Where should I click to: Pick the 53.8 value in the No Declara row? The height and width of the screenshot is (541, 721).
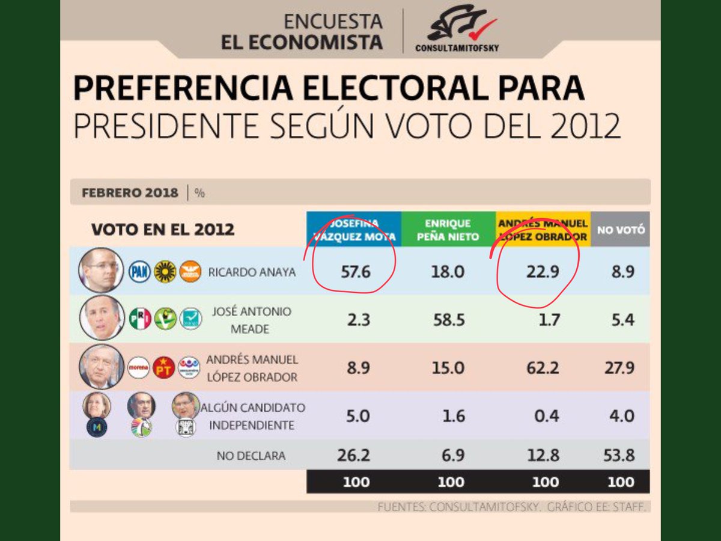pos(619,456)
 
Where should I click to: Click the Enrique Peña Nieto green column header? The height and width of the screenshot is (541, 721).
pos(448,230)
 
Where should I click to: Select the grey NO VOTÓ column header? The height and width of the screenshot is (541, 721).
pos(620,230)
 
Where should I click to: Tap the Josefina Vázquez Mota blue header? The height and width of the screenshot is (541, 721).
pos(353,230)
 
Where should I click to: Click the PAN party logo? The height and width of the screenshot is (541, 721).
pos(139,272)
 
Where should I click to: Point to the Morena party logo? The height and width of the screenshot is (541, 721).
pos(138,367)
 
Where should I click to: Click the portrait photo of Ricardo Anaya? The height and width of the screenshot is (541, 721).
pos(100,270)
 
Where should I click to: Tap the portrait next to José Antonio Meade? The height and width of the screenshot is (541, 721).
pos(102,318)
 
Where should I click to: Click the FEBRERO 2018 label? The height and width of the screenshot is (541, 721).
pos(130,193)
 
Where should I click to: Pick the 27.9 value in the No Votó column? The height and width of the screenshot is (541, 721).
pos(619,367)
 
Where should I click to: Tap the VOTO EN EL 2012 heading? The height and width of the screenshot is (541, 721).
pos(162,230)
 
